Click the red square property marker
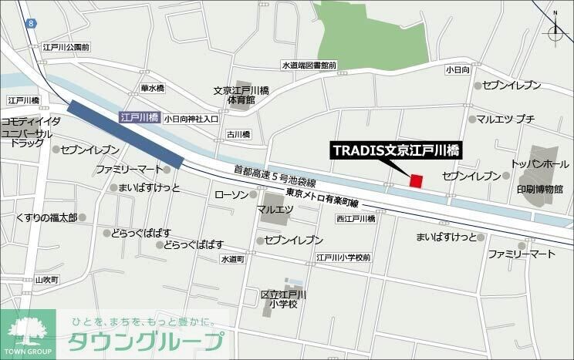pos(417,181)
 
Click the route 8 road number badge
pos(30,25)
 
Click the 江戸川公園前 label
pos(66,47)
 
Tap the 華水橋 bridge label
pos(152,89)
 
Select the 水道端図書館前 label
pos(309,66)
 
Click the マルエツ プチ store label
pos(505,119)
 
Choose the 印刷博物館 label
pos(540,188)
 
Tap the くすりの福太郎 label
pos(46,218)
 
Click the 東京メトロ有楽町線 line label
pos(321,198)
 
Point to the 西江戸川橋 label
pos(355,219)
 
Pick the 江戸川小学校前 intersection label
pos(343,257)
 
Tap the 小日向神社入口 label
pos(191,119)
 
